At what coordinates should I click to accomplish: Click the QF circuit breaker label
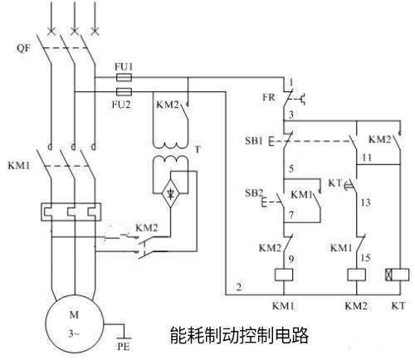(23, 48)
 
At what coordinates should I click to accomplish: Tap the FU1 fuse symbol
(124, 78)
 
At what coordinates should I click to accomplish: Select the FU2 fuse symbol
(124, 91)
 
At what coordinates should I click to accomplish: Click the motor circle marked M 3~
(74, 324)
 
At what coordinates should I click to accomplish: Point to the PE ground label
(124, 347)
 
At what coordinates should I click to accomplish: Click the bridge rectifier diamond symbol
(170, 193)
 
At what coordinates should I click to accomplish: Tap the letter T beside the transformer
(198, 149)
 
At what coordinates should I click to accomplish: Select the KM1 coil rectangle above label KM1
(284, 275)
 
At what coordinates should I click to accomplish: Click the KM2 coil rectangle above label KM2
(356, 275)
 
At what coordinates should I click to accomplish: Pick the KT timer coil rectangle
(397, 275)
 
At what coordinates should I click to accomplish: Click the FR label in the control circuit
(269, 97)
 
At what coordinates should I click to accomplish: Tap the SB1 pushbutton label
(254, 141)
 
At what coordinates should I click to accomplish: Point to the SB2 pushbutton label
(254, 192)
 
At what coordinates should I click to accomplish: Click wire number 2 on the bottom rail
(239, 287)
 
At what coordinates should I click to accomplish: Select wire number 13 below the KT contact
(365, 202)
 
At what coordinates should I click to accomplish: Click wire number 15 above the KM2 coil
(365, 258)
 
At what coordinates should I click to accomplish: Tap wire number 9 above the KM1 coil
(291, 259)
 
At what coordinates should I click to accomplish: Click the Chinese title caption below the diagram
(239, 335)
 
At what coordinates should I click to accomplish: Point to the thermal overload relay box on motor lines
(71, 212)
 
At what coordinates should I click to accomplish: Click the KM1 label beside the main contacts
(19, 166)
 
